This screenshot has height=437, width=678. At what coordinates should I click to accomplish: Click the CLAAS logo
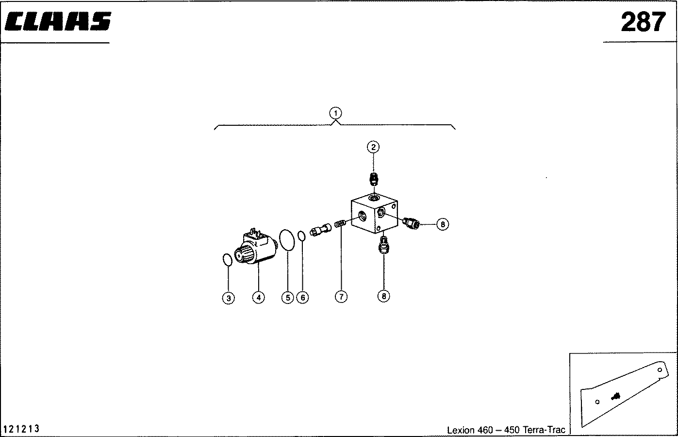58,21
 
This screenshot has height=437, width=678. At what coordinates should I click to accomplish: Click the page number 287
643,22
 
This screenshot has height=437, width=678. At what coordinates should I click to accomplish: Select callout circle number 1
335,113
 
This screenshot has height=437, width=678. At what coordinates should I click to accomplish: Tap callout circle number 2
373,147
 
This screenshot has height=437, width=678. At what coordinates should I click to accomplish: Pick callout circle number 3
229,298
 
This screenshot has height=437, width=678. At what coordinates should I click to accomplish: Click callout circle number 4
259,297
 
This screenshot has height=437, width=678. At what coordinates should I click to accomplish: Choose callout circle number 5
288,297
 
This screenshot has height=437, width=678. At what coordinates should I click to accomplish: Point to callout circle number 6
303,297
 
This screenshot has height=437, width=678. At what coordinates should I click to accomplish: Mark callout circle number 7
341,297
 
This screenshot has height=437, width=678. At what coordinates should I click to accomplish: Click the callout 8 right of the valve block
443,224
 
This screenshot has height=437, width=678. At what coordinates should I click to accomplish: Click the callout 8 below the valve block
384,296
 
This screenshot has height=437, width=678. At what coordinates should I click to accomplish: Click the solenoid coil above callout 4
256,247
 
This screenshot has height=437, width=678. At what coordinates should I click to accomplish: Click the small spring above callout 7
340,224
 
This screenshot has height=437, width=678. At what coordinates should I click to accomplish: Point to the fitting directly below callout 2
374,179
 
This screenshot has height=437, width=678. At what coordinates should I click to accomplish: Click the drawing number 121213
21,429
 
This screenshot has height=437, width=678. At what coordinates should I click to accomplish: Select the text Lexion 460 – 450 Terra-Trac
506,430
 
